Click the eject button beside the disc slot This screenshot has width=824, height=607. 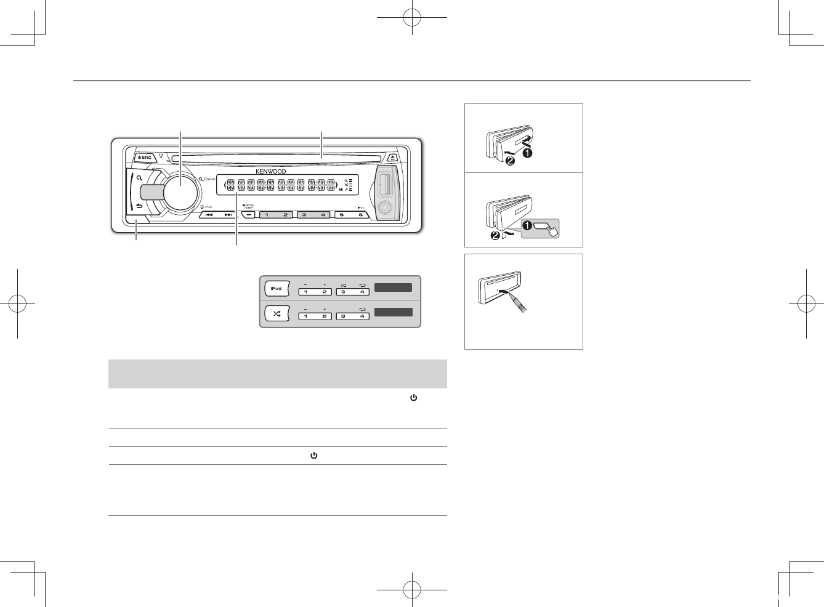pyautogui.click(x=394, y=157)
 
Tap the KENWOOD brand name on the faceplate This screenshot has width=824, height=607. pyautogui.click(x=271, y=171)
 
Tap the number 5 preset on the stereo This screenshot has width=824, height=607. pyautogui.click(x=342, y=215)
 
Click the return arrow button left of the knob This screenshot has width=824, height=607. pyautogui.click(x=139, y=206)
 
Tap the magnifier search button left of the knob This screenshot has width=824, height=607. pyautogui.click(x=140, y=179)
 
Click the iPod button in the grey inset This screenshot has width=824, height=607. pyautogui.click(x=277, y=288)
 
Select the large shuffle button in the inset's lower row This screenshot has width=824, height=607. pyautogui.click(x=277, y=313)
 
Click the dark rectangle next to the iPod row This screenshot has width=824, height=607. pyautogui.click(x=393, y=287)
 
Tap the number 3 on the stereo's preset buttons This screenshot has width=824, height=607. pyautogui.click(x=304, y=215)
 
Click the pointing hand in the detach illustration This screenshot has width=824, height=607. pyautogui.click(x=551, y=229)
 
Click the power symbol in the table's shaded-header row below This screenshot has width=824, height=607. pyautogui.click(x=413, y=398)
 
